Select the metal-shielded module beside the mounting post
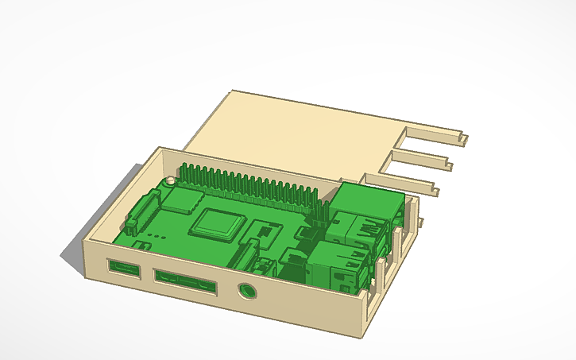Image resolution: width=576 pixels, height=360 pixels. pos(185,199)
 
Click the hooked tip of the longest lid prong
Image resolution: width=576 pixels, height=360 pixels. pos(462,137)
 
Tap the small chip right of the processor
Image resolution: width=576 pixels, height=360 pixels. pos(263,231)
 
